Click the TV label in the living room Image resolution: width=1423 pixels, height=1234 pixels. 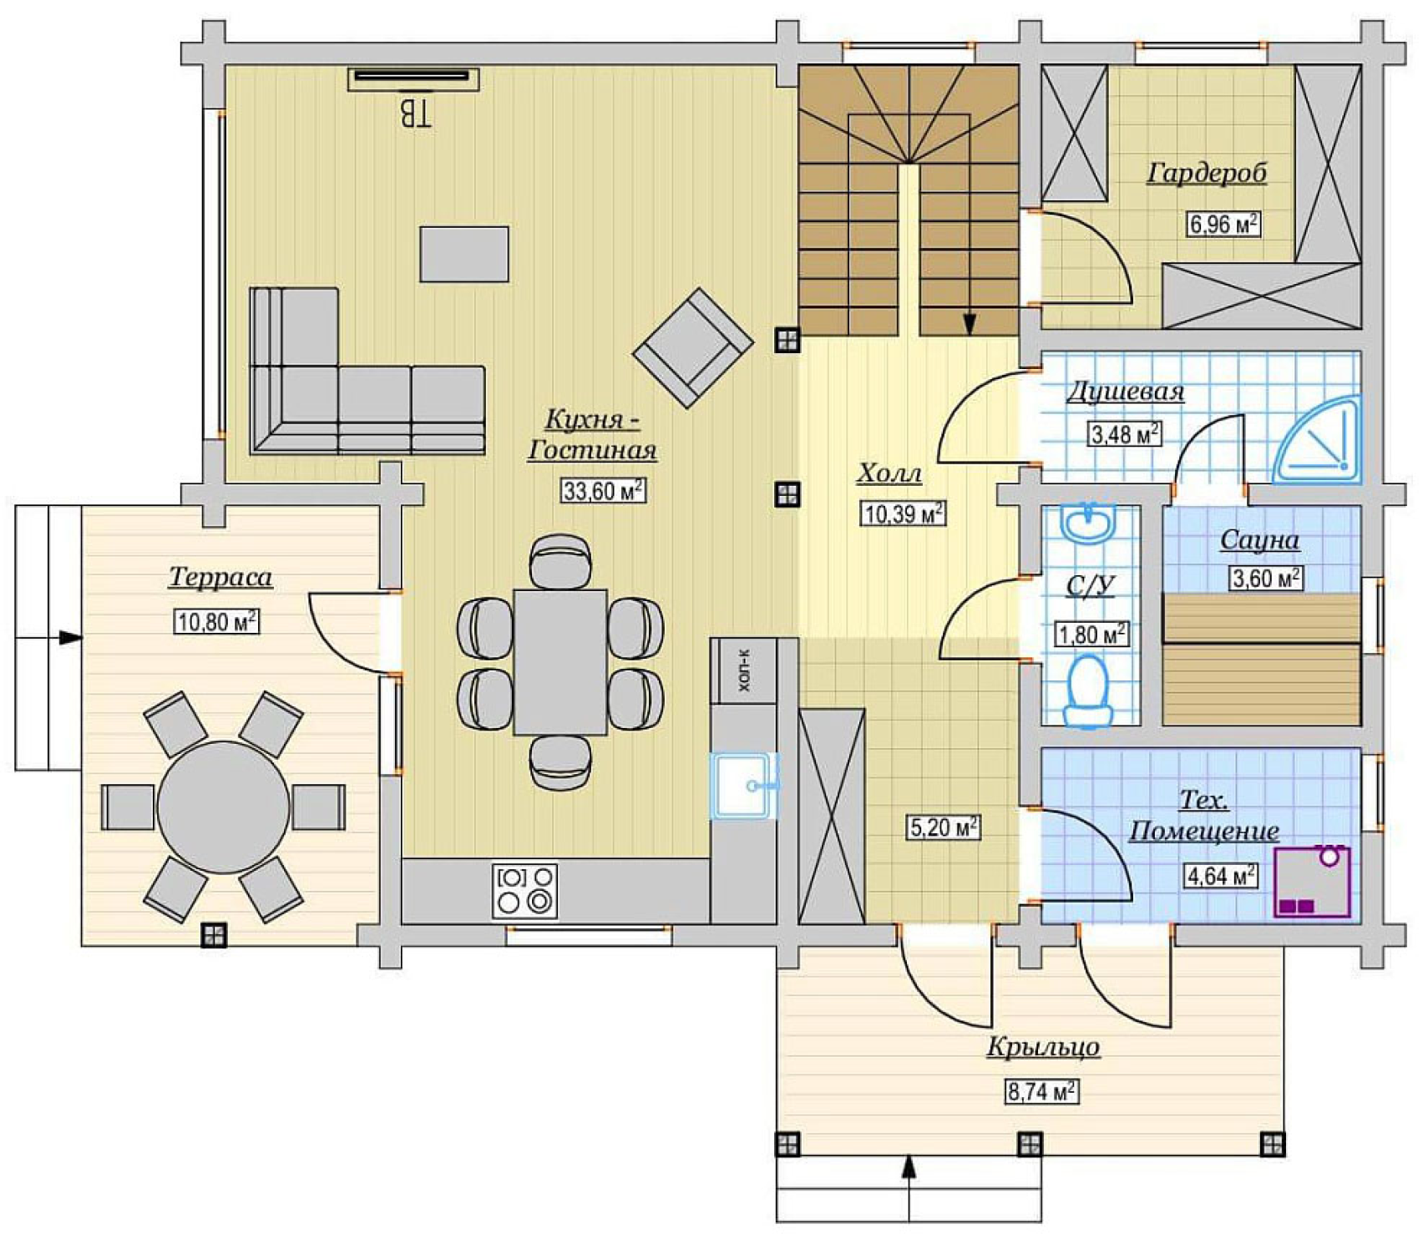click(x=415, y=114)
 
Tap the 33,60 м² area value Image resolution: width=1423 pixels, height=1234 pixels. click(x=603, y=490)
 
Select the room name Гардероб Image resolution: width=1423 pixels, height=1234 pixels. click(x=1206, y=173)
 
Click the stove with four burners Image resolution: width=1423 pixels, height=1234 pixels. click(x=525, y=890)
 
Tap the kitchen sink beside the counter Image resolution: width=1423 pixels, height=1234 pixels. click(x=742, y=786)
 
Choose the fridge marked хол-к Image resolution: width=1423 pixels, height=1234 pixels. click(x=743, y=670)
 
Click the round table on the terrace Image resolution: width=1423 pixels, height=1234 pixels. click(x=223, y=807)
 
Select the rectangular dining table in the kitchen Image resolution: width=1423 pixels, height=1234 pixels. click(x=560, y=662)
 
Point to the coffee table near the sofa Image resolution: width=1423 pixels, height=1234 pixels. click(x=464, y=254)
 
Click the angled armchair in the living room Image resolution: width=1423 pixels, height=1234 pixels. click(x=693, y=347)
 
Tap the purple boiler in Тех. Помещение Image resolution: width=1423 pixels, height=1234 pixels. click(x=1312, y=883)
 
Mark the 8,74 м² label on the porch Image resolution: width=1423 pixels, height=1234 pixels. click(x=1041, y=1091)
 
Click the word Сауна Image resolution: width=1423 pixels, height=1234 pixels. click(x=1259, y=540)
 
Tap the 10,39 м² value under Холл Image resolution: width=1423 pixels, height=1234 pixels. click(x=903, y=513)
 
